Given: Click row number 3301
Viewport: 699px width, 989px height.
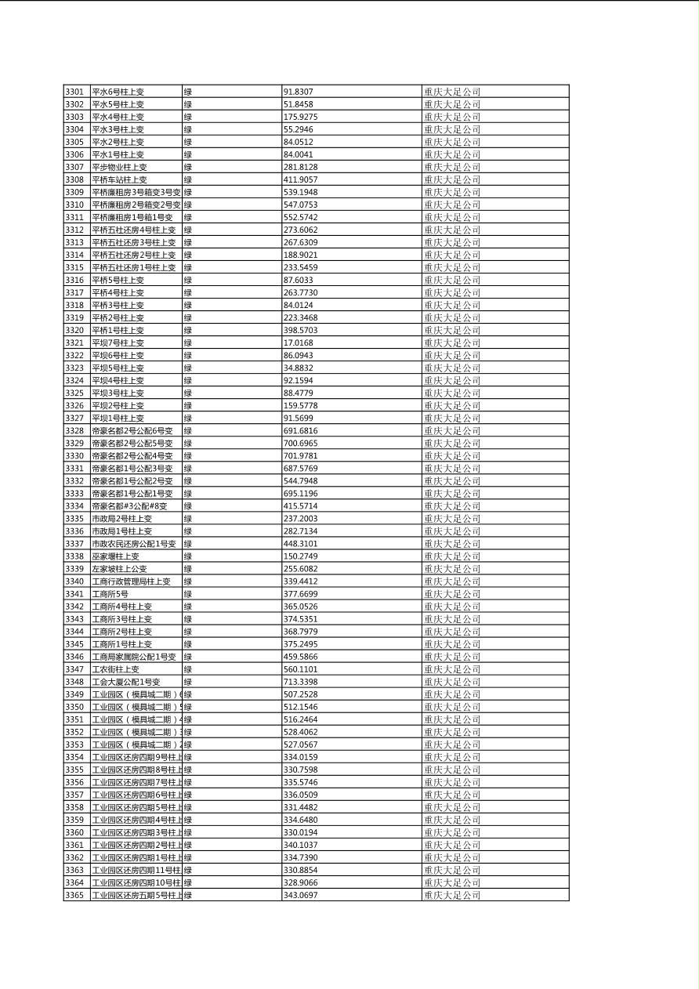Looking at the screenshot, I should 74,92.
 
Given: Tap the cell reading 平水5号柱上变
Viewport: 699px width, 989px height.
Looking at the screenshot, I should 118,104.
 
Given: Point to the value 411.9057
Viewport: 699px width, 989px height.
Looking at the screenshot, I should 301,179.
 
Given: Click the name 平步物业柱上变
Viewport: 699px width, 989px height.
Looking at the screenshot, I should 120,167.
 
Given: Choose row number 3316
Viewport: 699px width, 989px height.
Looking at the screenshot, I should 74,280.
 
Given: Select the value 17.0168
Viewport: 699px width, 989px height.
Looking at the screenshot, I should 299,342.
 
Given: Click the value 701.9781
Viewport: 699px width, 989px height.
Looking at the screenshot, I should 301,455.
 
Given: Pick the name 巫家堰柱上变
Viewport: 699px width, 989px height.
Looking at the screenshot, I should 116,556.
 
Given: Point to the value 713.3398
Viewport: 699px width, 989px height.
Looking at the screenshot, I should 301,681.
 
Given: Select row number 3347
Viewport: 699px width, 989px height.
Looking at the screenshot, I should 74,668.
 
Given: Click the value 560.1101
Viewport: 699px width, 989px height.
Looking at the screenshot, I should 301,668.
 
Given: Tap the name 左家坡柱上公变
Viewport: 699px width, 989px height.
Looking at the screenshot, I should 120,568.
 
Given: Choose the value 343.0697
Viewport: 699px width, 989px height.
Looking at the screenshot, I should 301,894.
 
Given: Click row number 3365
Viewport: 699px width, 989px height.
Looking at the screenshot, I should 74,894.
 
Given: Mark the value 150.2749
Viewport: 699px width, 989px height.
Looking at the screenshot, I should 301,556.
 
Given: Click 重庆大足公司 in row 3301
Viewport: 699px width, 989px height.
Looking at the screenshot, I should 452,92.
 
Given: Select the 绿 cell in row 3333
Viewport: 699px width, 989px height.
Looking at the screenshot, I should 188,493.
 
